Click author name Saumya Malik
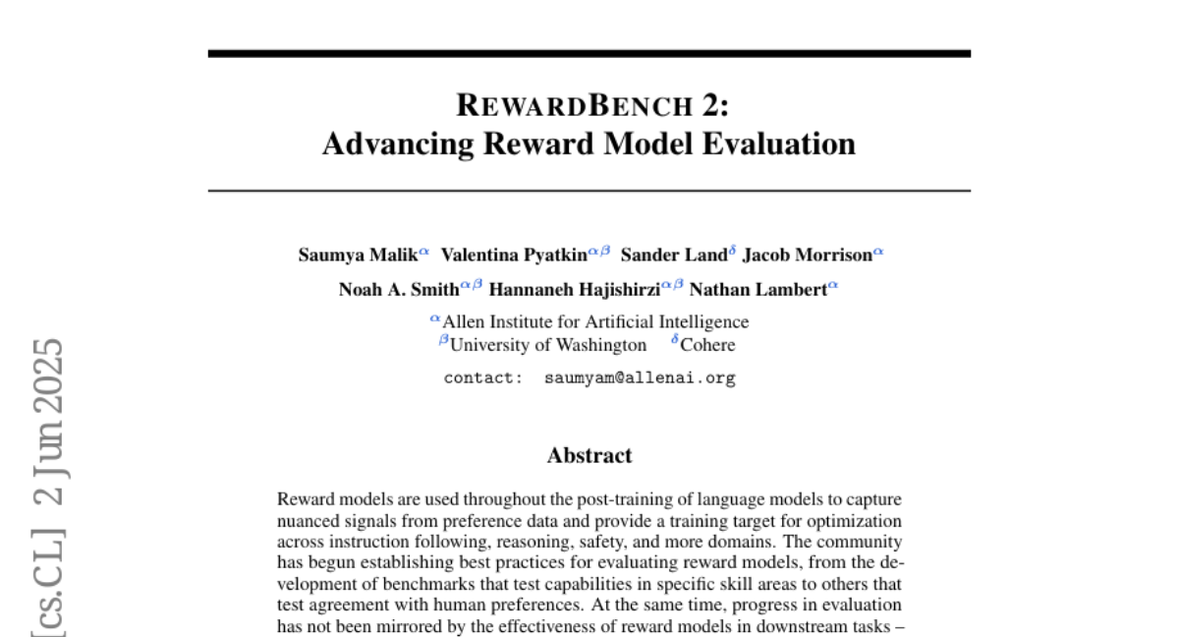click(x=358, y=256)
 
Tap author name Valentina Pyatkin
click(x=513, y=256)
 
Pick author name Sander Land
click(x=674, y=256)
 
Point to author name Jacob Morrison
click(x=807, y=256)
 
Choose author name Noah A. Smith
click(x=398, y=289)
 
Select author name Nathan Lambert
click(x=758, y=289)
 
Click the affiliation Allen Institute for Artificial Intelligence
click(x=595, y=321)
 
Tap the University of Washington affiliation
click(x=548, y=345)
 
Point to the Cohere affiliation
click(x=707, y=345)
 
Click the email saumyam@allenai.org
click(x=640, y=377)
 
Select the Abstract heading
click(x=589, y=455)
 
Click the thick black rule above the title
click(x=589, y=53)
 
